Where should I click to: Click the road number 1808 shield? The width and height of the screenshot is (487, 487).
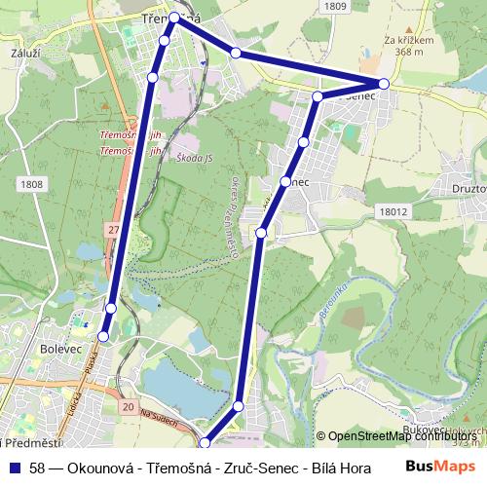point(30,183)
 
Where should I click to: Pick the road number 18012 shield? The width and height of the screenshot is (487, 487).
point(393,210)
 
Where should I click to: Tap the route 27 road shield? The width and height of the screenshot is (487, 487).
point(113,229)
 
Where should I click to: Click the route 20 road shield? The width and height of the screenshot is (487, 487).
point(129,405)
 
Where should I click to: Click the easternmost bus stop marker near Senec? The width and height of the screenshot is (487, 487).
point(384,84)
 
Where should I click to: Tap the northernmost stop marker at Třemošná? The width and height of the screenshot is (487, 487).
point(175,18)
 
